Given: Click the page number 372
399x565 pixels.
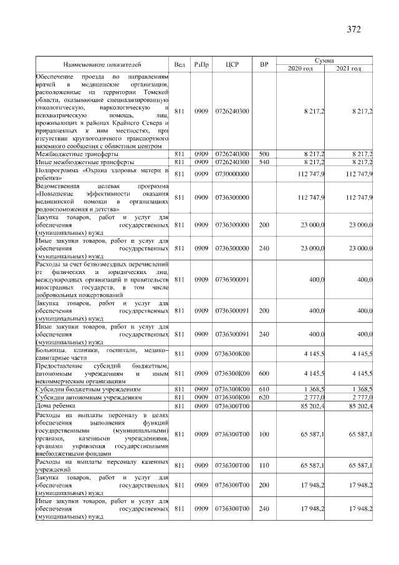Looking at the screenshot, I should [x=353, y=29].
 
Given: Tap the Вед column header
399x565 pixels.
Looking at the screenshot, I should [x=180, y=64].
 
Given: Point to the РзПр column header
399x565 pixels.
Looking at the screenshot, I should [x=201, y=64].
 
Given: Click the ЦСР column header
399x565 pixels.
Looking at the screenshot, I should [x=232, y=64].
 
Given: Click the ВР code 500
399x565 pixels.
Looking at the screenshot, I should [x=264, y=153].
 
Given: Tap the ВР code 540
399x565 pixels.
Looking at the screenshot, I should [x=264, y=162].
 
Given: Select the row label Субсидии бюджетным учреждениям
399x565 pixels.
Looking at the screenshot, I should [x=88, y=388].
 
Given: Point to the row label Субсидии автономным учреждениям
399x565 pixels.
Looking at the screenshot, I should [x=89, y=396].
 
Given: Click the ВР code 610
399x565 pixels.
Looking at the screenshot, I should [x=264, y=388].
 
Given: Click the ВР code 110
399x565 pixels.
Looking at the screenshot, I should [x=264, y=465].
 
